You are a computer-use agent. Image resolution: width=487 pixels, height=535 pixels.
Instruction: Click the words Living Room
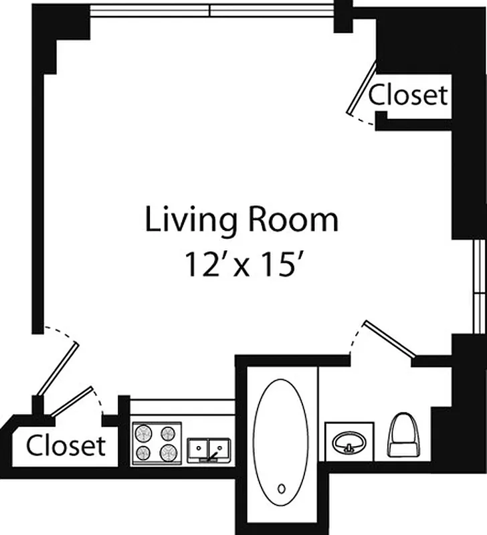[x=241, y=221]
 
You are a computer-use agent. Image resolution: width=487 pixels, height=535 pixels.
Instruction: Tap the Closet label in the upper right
[x=408, y=95]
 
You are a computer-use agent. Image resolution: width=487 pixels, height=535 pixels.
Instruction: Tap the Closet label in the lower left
[x=66, y=445]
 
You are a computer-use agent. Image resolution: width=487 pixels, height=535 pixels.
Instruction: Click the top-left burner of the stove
[x=144, y=433]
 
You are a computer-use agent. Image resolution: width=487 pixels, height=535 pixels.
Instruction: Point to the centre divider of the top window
[x=210, y=10]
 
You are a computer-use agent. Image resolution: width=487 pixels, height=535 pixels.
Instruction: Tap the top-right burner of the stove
[x=167, y=433]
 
